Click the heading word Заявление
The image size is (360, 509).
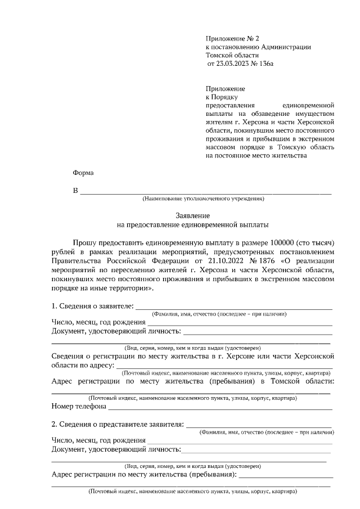click(193, 215)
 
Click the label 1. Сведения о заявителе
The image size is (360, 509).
click(92, 306)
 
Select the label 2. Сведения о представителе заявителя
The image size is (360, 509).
click(118, 424)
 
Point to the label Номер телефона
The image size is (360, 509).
click(79, 406)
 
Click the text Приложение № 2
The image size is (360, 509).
click(233, 38)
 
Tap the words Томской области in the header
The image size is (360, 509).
click(233, 56)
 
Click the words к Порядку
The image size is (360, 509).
click(223, 97)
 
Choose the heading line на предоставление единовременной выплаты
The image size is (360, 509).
click(193, 225)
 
